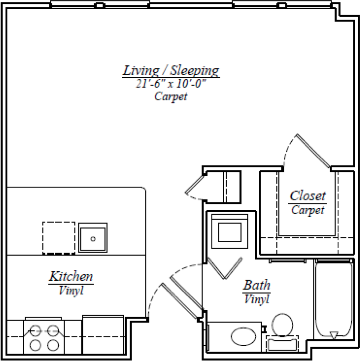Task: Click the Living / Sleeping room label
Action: [x=171, y=71]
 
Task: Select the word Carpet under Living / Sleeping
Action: [x=171, y=96]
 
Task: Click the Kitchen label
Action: [x=71, y=277]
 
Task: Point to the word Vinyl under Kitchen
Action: [x=71, y=291]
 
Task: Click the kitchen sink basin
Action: [x=93, y=238]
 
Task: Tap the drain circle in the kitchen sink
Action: [x=93, y=238]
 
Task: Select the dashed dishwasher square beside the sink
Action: [x=58, y=238]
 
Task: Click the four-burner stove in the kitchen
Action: [x=42, y=335]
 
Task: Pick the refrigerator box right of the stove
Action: [x=103, y=334]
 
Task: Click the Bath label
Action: [x=257, y=286]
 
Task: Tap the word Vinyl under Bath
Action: [x=257, y=299]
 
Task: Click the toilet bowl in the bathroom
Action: [x=282, y=324]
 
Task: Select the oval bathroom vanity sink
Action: [x=243, y=337]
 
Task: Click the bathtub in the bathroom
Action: [x=334, y=300]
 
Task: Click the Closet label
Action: [x=307, y=196]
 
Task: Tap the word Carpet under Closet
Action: [x=307, y=210]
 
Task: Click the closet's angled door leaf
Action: [x=313, y=151]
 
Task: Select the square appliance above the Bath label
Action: [x=229, y=232]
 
